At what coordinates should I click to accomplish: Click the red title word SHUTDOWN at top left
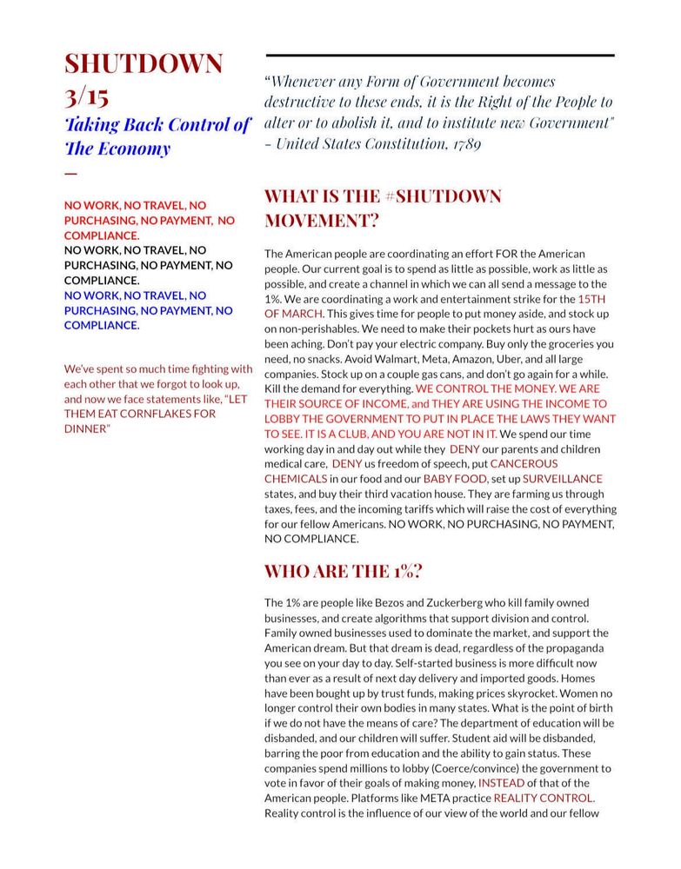click(x=144, y=63)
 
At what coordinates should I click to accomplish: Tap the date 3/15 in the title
click(x=87, y=95)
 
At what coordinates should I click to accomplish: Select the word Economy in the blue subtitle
click(x=132, y=149)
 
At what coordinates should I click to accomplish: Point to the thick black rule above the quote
click(x=439, y=56)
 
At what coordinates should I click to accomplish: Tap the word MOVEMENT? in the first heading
click(x=322, y=221)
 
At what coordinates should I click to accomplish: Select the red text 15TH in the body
click(x=591, y=299)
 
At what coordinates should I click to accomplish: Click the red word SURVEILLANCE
click(x=563, y=479)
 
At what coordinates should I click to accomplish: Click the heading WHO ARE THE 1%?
click(x=344, y=572)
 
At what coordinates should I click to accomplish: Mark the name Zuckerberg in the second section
click(x=467, y=602)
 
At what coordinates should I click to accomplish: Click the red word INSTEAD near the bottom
click(x=502, y=783)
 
